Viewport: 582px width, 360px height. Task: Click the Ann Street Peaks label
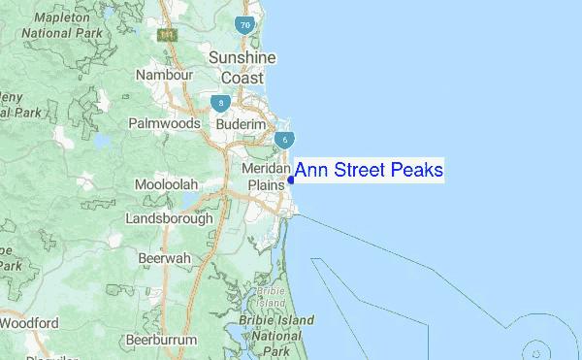click(x=369, y=171)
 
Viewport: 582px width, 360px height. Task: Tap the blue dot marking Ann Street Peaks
click(x=291, y=180)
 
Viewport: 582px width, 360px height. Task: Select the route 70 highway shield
click(x=245, y=24)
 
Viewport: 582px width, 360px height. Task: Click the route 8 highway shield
click(x=222, y=101)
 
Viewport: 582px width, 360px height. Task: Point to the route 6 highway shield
click(x=283, y=139)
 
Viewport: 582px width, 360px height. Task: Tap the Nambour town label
click(x=166, y=75)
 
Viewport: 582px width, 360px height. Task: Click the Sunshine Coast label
click(x=242, y=67)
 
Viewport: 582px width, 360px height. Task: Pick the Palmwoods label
click(x=164, y=123)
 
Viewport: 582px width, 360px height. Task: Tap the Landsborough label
click(x=169, y=218)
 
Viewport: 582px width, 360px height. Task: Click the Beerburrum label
click(x=161, y=341)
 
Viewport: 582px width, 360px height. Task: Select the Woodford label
click(x=29, y=322)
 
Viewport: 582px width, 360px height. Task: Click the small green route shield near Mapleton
click(x=169, y=35)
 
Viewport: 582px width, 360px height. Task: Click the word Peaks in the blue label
click(x=416, y=171)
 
